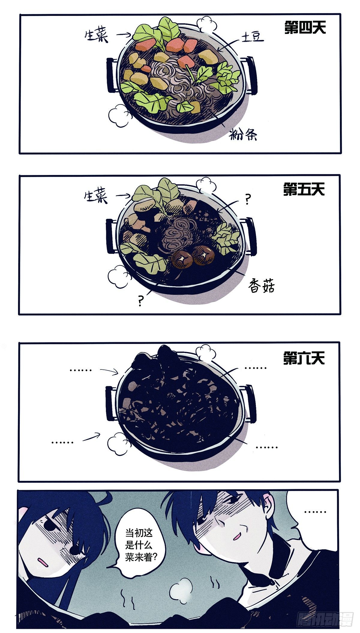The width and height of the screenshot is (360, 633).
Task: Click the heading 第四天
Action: (305, 28)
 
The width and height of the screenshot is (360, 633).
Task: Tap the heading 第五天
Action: (304, 190)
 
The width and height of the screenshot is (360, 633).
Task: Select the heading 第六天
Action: (304, 358)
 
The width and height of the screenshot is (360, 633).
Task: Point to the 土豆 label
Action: (252, 37)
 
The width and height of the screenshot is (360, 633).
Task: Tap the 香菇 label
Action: (261, 286)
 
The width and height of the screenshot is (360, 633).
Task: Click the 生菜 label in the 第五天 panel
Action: (96, 197)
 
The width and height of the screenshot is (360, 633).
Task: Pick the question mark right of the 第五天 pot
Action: (247, 199)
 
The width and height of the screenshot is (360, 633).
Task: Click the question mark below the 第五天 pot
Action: (140, 300)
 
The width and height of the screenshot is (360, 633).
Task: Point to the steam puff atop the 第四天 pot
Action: (206, 24)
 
